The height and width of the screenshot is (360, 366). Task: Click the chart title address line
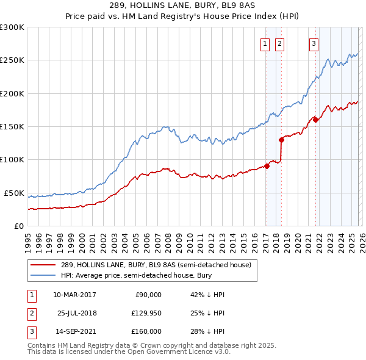click(182, 7)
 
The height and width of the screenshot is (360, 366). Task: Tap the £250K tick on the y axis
click(12, 60)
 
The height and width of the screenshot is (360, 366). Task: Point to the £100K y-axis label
click(12, 160)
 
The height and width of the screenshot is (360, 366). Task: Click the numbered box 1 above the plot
click(266, 43)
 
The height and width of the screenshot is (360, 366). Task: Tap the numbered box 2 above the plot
click(279, 43)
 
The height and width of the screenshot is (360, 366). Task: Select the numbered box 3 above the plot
click(314, 43)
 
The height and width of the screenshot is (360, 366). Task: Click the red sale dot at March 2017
click(267, 166)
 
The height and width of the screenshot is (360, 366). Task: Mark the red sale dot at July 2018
click(281, 140)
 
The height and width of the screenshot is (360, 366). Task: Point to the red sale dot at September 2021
click(315, 120)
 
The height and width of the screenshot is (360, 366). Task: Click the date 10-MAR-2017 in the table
click(74, 295)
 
